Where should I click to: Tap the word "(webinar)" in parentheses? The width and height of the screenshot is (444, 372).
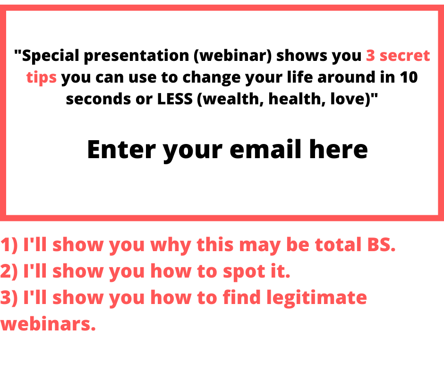point(233,55)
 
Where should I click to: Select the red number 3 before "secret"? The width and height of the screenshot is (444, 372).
point(370,55)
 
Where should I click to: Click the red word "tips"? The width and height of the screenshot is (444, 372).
point(42,77)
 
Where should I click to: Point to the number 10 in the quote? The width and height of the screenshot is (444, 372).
point(409,77)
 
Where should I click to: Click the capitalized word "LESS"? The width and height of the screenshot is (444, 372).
point(175,99)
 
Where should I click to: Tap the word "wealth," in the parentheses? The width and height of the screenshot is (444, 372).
point(230,99)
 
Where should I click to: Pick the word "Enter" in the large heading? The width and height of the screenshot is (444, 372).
point(121,150)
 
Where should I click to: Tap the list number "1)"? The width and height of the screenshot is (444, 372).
point(9,245)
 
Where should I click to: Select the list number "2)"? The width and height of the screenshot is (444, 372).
point(9,271)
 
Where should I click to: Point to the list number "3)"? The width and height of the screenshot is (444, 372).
point(9,297)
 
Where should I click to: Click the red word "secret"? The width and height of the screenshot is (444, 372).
point(405,56)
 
